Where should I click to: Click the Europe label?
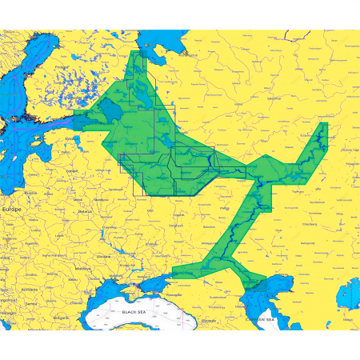click(12, 208)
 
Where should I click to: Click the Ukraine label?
click(105, 233)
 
